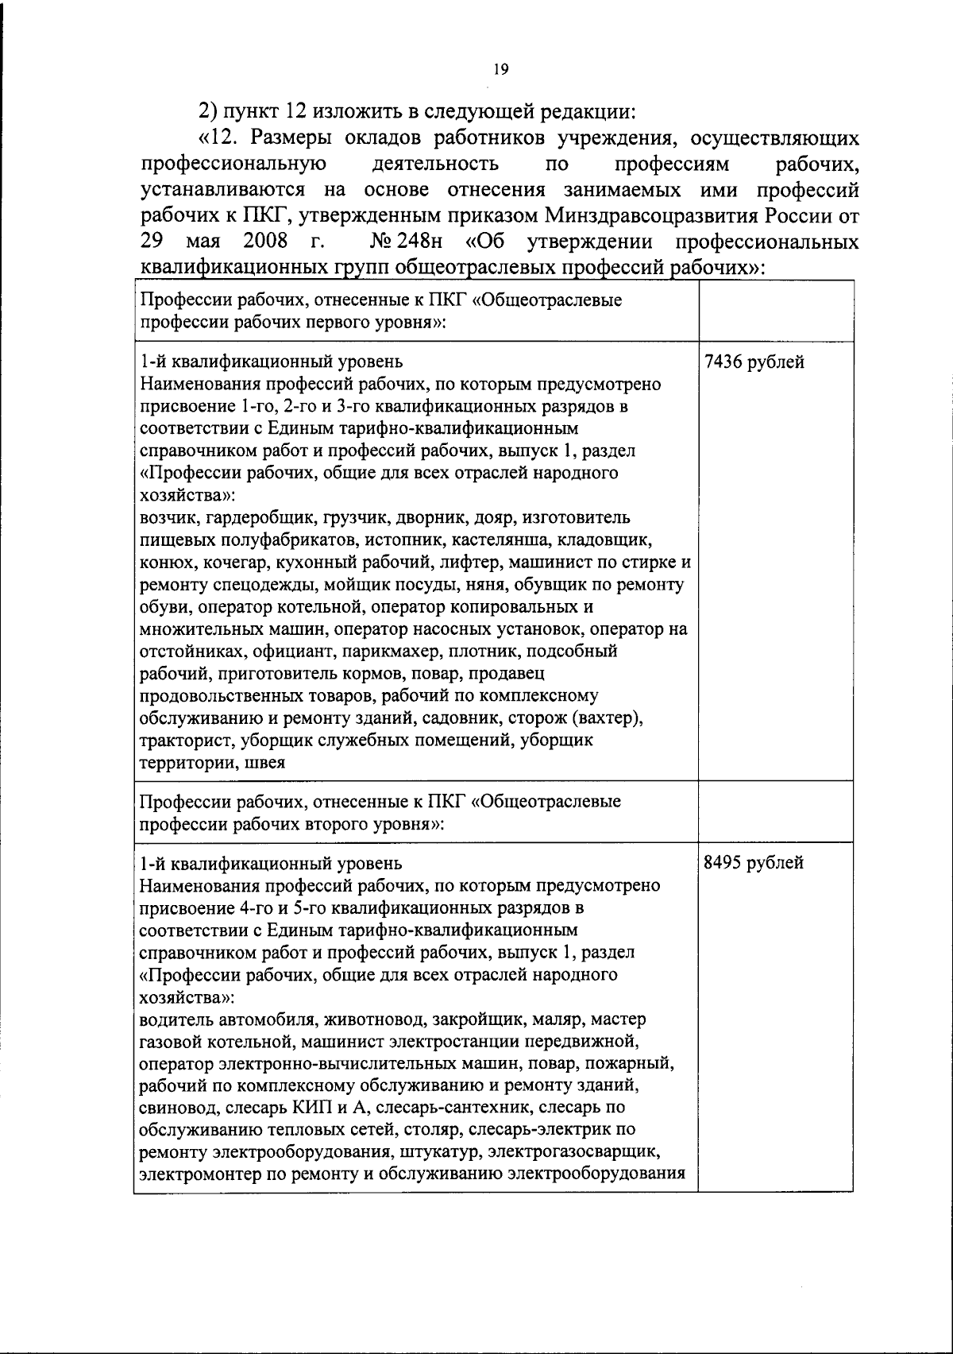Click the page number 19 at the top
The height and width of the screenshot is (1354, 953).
click(x=500, y=69)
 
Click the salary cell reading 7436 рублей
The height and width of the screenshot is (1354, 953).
click(x=754, y=362)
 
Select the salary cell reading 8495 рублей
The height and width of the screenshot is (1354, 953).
click(x=754, y=863)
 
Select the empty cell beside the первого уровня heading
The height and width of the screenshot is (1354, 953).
click(x=775, y=311)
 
